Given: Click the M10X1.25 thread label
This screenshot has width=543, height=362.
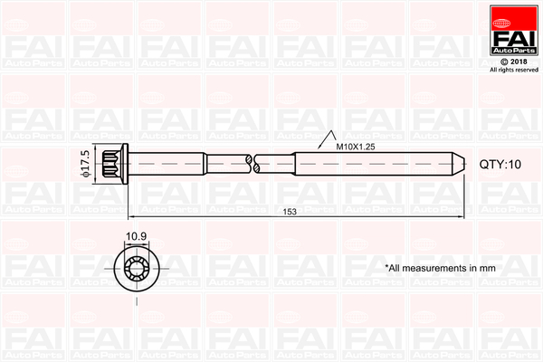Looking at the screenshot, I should point(357,146).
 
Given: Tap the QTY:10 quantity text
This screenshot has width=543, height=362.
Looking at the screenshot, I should point(500,164).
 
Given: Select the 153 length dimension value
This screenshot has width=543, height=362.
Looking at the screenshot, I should point(290,212).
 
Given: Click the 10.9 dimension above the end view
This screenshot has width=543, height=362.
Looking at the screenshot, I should point(136,237).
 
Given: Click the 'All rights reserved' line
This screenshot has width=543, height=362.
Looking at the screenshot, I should point(513,69).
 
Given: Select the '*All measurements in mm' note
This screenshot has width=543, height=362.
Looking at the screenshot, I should point(441,268).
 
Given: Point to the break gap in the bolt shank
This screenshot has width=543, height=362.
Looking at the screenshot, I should point(252,163).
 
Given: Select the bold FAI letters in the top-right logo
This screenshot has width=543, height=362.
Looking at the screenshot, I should point(513,36).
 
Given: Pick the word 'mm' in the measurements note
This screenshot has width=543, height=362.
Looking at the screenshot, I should point(487,268).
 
